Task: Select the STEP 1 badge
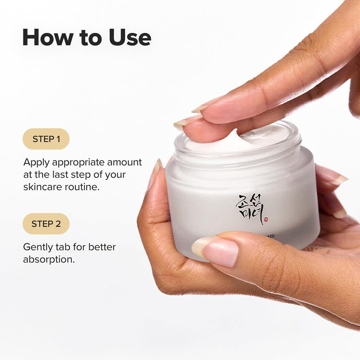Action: click(46, 139)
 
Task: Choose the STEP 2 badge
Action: click(46, 224)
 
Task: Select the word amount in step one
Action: click(126, 163)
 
